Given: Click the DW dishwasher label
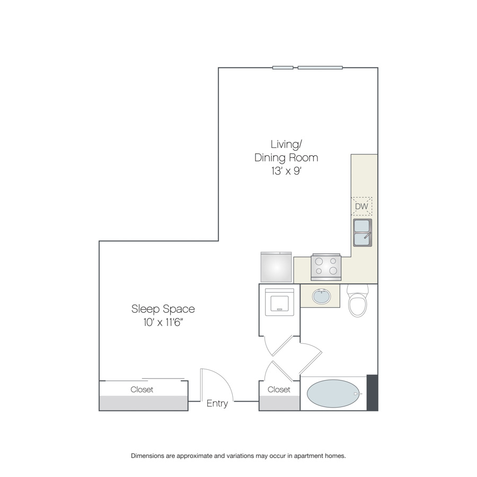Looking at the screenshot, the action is [x=361, y=206].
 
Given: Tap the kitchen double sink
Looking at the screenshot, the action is [x=363, y=233].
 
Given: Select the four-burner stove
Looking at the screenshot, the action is [x=326, y=267].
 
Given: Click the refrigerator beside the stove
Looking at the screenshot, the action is [x=276, y=267].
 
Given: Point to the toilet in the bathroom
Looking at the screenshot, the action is [x=358, y=301].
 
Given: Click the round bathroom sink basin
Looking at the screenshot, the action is [x=321, y=296].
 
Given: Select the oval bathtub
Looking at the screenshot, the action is [x=333, y=393].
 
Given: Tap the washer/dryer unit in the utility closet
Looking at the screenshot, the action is [x=279, y=302].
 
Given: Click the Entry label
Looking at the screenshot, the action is [x=217, y=403].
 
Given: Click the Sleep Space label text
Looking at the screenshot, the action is [x=163, y=309].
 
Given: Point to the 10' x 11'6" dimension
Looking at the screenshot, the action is [x=163, y=322].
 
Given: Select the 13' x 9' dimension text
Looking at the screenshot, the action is [x=286, y=171].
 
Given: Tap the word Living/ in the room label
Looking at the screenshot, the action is [x=286, y=144].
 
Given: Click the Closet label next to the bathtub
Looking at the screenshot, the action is [x=279, y=390].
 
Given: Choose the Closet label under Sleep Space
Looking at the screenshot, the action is [x=142, y=390].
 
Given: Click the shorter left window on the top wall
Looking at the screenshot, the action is [x=283, y=67].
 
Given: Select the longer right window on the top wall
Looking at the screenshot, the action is [x=320, y=67].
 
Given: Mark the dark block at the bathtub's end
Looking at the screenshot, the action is [x=373, y=393].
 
